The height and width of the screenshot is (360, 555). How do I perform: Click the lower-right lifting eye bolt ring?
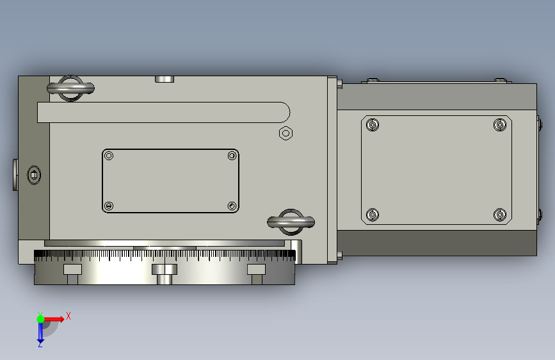291,222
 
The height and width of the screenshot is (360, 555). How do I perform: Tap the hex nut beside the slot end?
286,133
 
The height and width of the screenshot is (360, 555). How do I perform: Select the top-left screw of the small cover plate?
109,156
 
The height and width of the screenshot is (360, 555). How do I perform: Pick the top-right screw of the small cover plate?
232,156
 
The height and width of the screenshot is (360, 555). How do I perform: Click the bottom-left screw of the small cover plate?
109,206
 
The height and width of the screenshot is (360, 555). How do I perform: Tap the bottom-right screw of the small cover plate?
232,206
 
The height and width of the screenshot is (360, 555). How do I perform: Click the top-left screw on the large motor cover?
373,125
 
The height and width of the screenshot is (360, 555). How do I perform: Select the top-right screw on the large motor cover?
499,125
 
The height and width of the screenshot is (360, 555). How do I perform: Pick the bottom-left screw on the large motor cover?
373,214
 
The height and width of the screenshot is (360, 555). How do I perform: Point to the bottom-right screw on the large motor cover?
499,214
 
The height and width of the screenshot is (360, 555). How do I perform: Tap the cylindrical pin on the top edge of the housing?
165,79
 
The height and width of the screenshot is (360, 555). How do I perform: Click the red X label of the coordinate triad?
68,316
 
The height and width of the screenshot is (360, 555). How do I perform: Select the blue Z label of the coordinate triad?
40,344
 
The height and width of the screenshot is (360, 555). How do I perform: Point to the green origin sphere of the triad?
40,319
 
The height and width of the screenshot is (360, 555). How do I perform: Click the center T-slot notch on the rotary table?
165,274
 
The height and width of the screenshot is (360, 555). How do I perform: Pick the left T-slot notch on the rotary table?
72,274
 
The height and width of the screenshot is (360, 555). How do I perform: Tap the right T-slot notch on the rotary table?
257,274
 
